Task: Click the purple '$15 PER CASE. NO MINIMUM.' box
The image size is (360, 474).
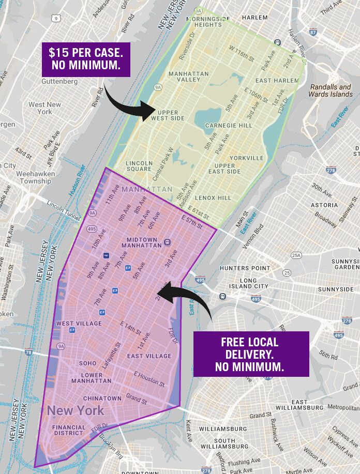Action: click(x=86, y=59)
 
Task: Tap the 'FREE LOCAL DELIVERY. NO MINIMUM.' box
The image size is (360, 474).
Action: click(x=250, y=354)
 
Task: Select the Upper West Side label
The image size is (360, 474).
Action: click(x=167, y=115)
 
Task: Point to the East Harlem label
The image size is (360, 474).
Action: click(x=277, y=81)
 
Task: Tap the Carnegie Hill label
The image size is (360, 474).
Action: click(x=229, y=126)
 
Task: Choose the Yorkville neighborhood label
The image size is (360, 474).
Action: click(x=247, y=158)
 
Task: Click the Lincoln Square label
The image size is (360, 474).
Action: click(x=139, y=166)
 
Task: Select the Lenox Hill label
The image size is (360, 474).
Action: click(x=213, y=197)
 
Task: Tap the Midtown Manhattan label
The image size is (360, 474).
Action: click(x=144, y=242)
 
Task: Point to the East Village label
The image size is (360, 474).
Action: click(x=149, y=356)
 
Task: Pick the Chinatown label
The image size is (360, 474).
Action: click(x=102, y=399)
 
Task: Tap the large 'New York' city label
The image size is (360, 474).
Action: click(x=76, y=411)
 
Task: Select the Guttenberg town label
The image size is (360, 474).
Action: click(x=59, y=82)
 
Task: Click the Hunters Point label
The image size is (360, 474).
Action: click(x=245, y=269)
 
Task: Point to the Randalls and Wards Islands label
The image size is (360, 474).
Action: click(x=330, y=90)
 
